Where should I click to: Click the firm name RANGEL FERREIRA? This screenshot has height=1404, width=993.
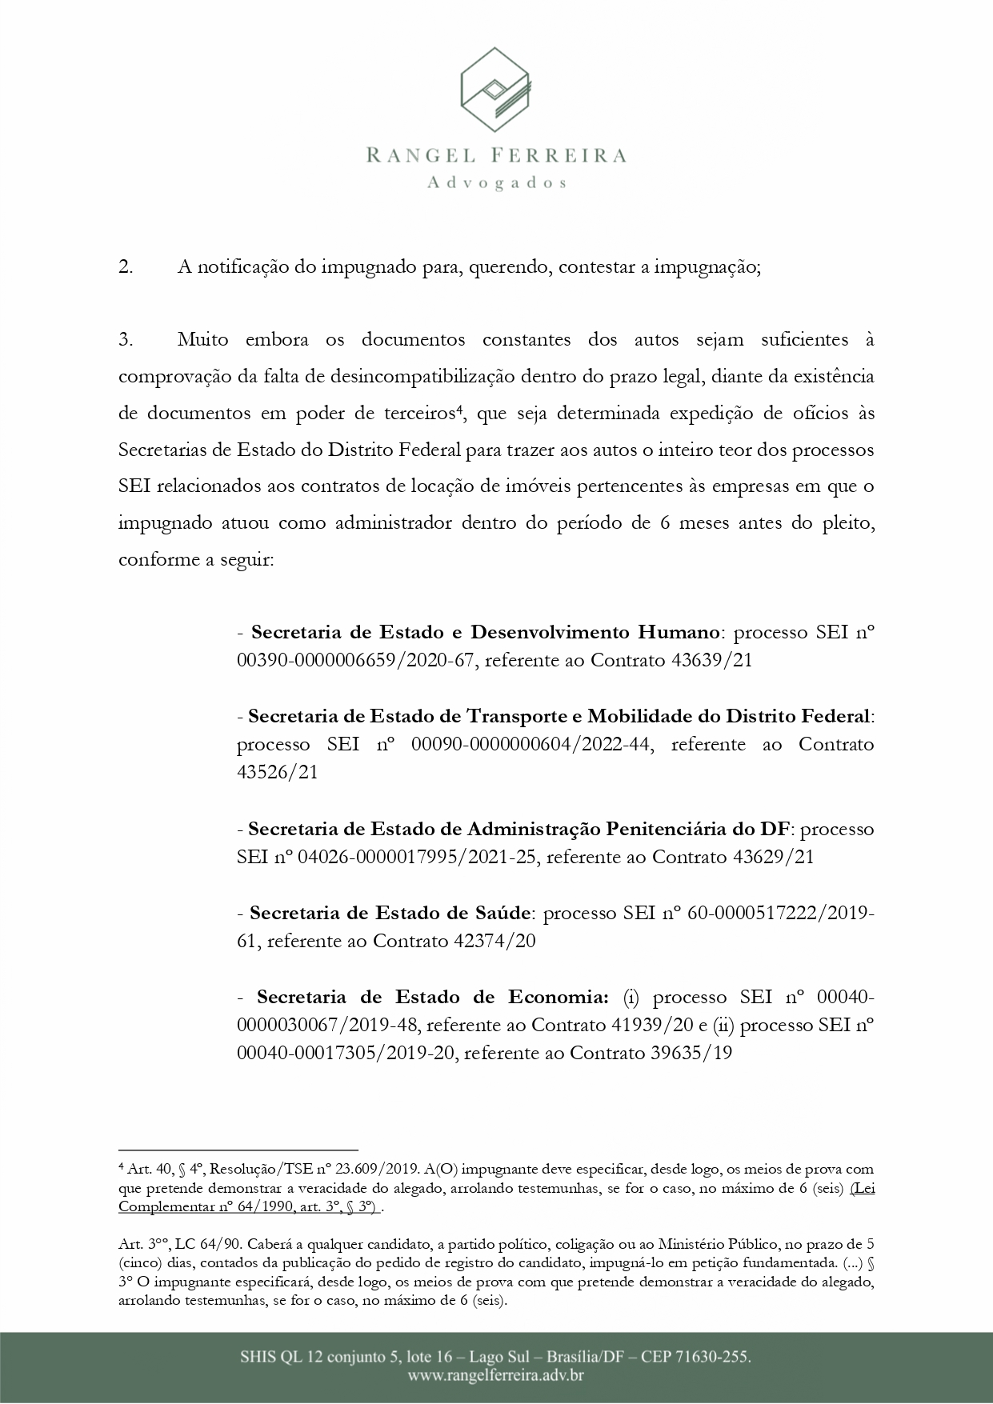tap(496, 155)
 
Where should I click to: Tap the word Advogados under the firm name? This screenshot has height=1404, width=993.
tap(496, 183)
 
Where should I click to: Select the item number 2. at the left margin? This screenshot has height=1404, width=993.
tap(126, 268)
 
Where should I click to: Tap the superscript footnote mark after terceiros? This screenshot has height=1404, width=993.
tap(460, 410)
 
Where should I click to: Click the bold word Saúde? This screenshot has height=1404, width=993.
tap(502, 913)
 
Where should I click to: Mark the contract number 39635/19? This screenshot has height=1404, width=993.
tap(692, 1054)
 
